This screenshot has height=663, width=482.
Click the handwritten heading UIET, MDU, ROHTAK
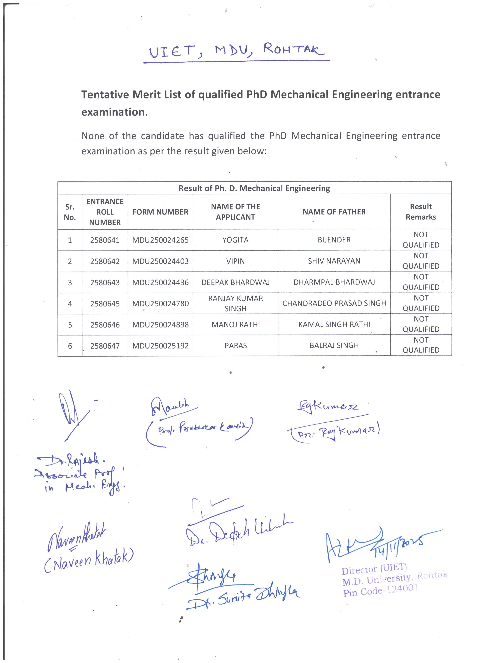click(x=236, y=51)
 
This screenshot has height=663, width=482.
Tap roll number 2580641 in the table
click(x=105, y=240)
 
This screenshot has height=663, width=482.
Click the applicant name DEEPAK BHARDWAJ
click(x=235, y=282)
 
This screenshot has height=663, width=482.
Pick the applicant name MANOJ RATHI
click(x=236, y=325)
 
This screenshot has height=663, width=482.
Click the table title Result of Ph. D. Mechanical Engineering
click(x=254, y=188)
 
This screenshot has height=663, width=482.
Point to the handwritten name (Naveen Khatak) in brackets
click(x=89, y=561)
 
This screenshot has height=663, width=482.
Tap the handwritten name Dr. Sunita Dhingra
click(x=243, y=596)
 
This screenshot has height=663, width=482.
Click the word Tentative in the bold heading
click(x=105, y=94)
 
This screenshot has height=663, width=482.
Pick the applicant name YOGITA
click(x=235, y=240)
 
